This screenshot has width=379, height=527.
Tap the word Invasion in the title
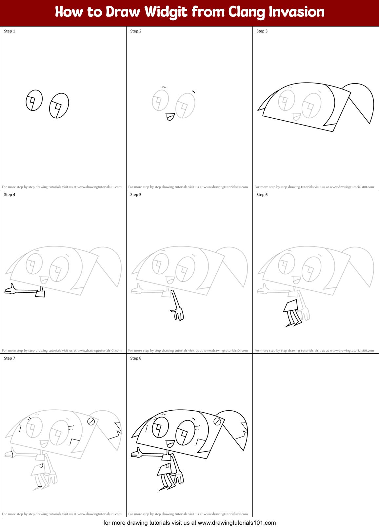[x=296, y=12]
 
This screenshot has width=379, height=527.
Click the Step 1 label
[x=10, y=31]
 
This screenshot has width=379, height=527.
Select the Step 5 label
[x=136, y=195]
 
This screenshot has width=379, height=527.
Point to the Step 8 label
[x=136, y=358]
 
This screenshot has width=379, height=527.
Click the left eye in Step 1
[x=34, y=100]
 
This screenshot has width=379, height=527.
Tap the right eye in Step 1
[x=59, y=106]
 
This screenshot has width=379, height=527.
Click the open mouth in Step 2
[x=170, y=116]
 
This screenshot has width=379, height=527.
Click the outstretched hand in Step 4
[x=10, y=290]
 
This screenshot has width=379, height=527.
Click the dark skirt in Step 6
[x=291, y=306]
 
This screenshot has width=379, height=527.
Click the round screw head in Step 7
[x=91, y=421]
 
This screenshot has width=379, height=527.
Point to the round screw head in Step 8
[x=217, y=421]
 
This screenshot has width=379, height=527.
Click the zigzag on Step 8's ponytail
[x=243, y=433]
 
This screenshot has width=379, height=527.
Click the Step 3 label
[x=262, y=31]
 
